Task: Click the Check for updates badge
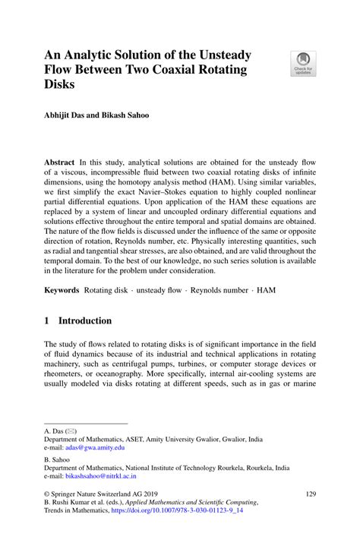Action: click(305, 63)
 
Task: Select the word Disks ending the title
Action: click(61, 84)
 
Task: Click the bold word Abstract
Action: click(58, 163)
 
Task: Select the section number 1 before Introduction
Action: click(47, 320)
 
